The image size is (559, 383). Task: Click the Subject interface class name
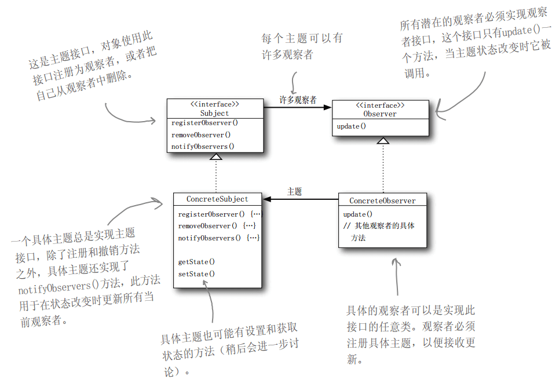[214, 114]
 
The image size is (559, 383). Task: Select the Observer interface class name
[379, 114]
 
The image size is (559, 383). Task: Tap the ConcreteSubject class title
[217, 199]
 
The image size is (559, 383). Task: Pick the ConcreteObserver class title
[382, 200]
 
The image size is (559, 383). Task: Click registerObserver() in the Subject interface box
[204, 123]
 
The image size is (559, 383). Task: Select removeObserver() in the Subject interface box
[201, 135]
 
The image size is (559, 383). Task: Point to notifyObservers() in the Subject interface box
[203, 147]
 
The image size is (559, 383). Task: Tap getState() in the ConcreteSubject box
[196, 262]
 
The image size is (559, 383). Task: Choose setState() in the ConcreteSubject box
[196, 274]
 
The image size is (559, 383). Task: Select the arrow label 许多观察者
[298, 100]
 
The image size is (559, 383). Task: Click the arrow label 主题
[294, 192]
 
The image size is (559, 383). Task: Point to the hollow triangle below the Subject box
[215, 156]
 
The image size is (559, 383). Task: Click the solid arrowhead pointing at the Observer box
[327, 107]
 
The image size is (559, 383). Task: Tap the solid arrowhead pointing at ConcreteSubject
[268, 199]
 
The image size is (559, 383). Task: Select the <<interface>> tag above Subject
[214, 105]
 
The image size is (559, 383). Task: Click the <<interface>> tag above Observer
[379, 105]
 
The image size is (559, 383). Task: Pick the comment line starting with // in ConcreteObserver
[379, 226]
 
